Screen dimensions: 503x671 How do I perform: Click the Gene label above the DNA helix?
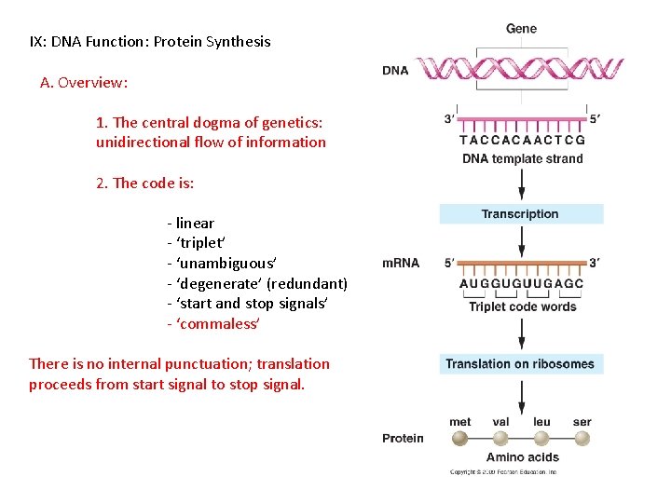[521, 29]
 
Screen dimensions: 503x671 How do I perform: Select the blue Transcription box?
[521, 214]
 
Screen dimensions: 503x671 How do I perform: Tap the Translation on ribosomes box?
[521, 364]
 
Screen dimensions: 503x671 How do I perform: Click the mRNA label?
[401, 264]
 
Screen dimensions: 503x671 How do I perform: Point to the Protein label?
[403, 438]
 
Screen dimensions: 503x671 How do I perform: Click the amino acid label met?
[460, 422]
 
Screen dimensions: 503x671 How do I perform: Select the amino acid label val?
[500, 422]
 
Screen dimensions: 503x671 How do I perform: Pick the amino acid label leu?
[541, 422]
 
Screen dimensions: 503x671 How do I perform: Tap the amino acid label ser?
[582, 422]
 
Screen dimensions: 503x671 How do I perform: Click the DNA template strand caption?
[522, 158]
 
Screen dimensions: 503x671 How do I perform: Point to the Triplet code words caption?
[522, 306]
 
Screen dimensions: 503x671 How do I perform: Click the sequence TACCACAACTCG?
[522, 141]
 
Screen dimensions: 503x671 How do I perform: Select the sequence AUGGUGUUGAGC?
[522, 284]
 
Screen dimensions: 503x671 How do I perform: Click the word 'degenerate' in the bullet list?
[217, 283]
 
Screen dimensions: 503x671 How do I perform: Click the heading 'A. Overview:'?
[84, 82]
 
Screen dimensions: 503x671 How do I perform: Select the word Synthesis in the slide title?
[240, 41]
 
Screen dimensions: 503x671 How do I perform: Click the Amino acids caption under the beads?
[522, 457]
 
